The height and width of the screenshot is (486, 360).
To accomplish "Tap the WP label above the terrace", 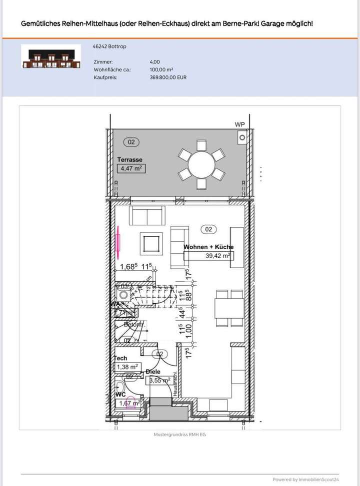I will coord(240,124).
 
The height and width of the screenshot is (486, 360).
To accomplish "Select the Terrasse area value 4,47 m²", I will coord(131,168).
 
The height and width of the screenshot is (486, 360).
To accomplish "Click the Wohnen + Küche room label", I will coord(208,247).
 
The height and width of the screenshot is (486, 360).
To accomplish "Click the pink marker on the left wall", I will coord(118,239).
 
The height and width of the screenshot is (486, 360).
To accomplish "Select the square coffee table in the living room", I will coord(150,244).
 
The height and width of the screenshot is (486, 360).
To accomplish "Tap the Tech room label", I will coord(120,358).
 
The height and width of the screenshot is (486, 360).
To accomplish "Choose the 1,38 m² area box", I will coord(127,367).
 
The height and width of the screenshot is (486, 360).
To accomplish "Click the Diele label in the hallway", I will coord(153,372).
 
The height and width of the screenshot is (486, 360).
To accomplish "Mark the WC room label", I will coord(120,395).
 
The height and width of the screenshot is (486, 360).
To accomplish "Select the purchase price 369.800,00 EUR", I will coord(168,77).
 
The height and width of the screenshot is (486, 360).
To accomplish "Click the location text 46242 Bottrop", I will coord(109,46).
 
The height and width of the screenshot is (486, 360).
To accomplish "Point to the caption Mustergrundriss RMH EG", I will coord(179,435).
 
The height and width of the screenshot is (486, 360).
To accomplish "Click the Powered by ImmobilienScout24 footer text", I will coord(305,479).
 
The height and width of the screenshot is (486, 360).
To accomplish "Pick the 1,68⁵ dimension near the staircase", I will coord(128,266).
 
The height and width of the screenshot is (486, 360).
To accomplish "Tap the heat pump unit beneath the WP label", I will coord(242,137).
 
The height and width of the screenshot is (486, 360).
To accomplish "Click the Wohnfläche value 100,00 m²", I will coord(161,70).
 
